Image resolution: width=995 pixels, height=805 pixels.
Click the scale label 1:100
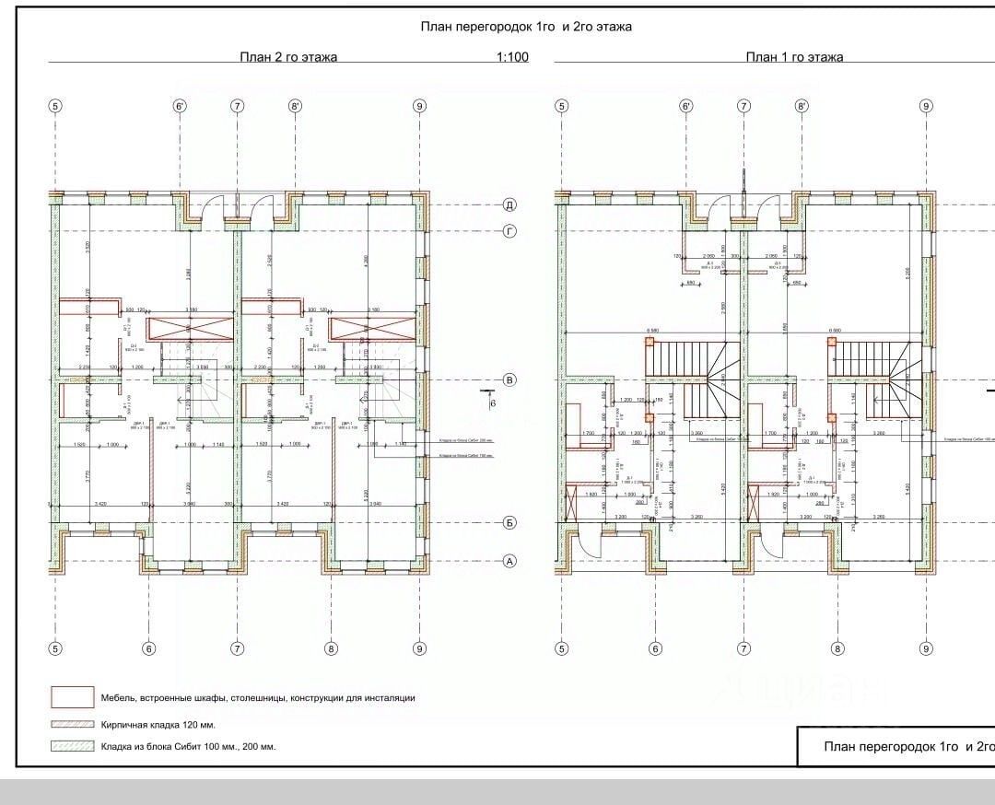coord(512,57)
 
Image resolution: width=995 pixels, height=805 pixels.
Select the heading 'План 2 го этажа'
coord(288,57)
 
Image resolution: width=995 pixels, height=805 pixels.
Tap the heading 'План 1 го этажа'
coord(794,57)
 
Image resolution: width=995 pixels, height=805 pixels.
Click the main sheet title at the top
coord(526,27)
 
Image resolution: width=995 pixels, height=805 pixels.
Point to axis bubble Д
coord(509,204)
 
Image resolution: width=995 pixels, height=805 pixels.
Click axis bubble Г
coord(509,230)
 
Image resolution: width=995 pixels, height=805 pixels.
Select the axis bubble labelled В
coord(509,379)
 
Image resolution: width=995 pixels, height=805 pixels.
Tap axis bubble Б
coord(509,522)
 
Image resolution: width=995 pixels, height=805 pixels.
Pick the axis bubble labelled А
coord(509,560)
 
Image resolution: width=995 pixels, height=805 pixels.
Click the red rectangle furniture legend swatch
coord(72,697)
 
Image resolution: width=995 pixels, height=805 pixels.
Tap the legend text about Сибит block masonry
coord(188,746)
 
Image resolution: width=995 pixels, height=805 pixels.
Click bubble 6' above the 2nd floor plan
coord(180,106)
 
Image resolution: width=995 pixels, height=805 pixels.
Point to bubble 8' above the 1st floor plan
coord(802,106)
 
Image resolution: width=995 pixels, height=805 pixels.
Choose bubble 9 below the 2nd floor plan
coord(420,648)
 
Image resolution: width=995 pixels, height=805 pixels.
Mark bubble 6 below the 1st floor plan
coord(655,648)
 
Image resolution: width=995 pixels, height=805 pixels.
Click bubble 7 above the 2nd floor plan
coord(238,106)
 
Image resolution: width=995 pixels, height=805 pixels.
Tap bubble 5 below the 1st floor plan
coord(562,648)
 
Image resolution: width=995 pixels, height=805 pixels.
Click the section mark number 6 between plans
coord(492,402)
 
